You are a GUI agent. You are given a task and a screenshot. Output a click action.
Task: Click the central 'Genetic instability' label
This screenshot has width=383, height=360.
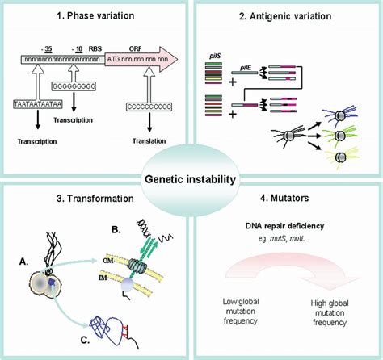[x=191, y=179]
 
